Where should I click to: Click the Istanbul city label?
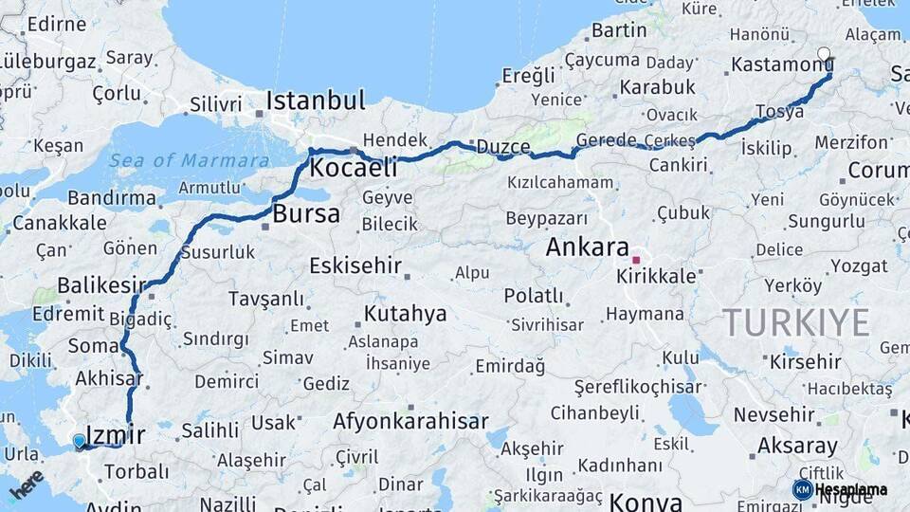(316, 101)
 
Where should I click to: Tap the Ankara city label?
(588, 248)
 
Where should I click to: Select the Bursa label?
(305, 214)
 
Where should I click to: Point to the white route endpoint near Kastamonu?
(824, 54)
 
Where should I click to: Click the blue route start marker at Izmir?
(79, 441)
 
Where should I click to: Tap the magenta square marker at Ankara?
(637, 259)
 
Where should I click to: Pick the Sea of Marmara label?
(189, 160)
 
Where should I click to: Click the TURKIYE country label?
(795, 323)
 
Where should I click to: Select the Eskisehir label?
(355, 265)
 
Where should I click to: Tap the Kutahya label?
(406, 314)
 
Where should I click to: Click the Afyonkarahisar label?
(410, 422)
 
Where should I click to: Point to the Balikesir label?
(101, 284)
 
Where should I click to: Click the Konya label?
(646, 501)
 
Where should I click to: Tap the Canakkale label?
(58, 223)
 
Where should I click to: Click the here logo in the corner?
(26, 484)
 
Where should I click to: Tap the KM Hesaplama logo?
(840, 489)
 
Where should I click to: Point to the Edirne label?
(57, 25)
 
